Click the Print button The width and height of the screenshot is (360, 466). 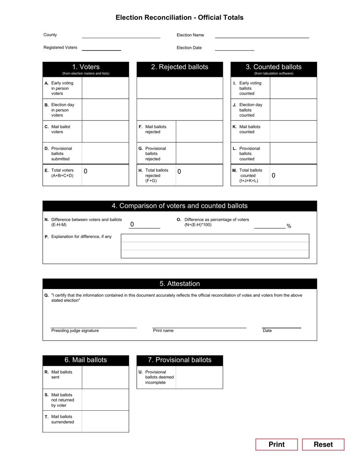pyautogui.click(x=276, y=444)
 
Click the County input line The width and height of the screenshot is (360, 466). pyautogui.click(x=121, y=35)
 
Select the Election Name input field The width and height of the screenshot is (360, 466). pyautogui.click(x=262, y=35)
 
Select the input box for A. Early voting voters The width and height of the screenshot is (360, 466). pyautogui.click(x=105, y=88)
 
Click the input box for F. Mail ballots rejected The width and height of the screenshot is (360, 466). pyautogui.click(x=199, y=131)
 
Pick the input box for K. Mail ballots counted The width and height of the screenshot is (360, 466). pyautogui.click(x=293, y=131)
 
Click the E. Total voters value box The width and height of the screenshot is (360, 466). pyautogui.click(x=105, y=175)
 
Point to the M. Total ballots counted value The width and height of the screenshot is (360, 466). pyautogui.click(x=293, y=175)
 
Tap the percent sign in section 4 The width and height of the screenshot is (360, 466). pyautogui.click(x=289, y=226)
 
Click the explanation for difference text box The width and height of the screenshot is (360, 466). pyautogui.click(x=215, y=246)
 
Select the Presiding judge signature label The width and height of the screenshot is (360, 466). pyautogui.click(x=75, y=331)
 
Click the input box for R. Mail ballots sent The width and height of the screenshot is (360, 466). pyautogui.click(x=105, y=377)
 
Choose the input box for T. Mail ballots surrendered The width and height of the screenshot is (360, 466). pyautogui.click(x=105, y=421)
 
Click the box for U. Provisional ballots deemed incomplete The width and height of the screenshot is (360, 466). pyautogui.click(x=199, y=377)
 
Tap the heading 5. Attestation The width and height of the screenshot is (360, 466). pyautogui.click(x=180, y=284)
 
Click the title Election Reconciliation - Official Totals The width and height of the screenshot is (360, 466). pyautogui.click(x=180, y=17)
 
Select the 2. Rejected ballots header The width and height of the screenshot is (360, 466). pyautogui.click(x=180, y=67)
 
